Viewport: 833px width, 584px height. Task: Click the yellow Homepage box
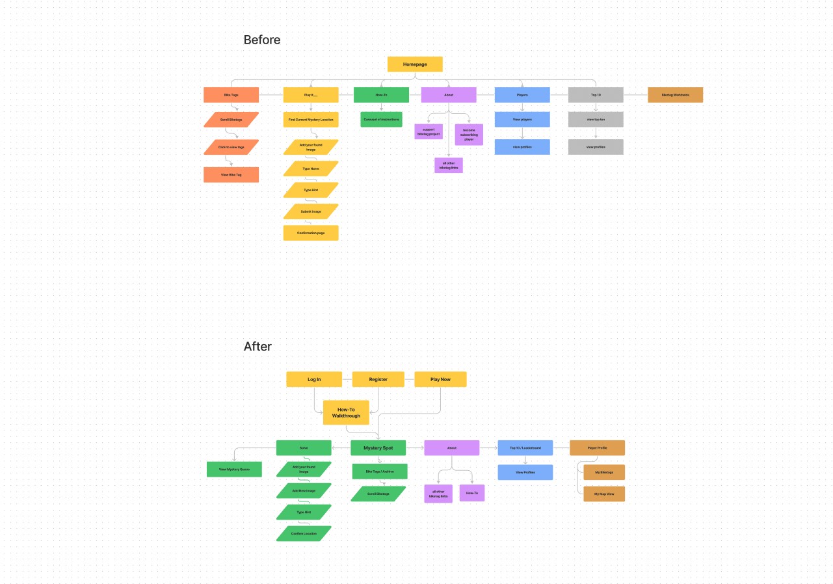[x=415, y=64]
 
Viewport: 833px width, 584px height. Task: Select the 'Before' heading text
[x=262, y=40]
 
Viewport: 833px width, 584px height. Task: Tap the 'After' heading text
[x=258, y=347]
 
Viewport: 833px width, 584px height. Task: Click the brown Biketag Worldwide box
[x=675, y=95]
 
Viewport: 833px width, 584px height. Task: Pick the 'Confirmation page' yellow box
[x=311, y=233]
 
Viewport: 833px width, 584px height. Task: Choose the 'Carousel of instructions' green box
[x=382, y=120]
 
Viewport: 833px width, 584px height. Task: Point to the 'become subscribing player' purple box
[x=469, y=135]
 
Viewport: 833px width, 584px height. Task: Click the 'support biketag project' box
[x=429, y=132]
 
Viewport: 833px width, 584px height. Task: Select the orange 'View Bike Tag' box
[x=231, y=175]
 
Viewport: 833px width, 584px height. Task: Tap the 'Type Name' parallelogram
[x=311, y=168]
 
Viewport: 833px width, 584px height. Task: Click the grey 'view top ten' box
[x=596, y=120]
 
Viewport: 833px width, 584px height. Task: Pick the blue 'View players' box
[x=522, y=120]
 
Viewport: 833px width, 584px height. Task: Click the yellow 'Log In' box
[x=314, y=379]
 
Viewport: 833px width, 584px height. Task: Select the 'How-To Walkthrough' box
[x=346, y=412]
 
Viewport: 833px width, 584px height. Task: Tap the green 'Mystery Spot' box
[x=378, y=448]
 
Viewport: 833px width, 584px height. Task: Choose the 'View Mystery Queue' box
[x=234, y=470]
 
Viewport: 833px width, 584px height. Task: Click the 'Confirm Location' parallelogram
[x=304, y=533]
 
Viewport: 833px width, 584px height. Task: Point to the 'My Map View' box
[x=604, y=494]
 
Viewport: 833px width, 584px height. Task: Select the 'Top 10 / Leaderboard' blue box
[x=525, y=448]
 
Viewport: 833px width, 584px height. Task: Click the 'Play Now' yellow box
[x=440, y=379]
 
